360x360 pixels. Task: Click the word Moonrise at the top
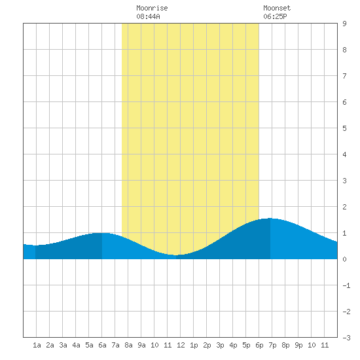pos(152,8)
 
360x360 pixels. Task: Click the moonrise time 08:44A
pos(148,16)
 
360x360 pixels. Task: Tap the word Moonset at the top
pos(277,8)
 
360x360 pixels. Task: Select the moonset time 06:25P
pos(275,16)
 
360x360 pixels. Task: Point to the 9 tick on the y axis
pos(344,24)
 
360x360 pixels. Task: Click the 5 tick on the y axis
pos(344,128)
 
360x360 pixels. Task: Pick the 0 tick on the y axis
pos(344,259)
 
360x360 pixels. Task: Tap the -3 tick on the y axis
pos(346,338)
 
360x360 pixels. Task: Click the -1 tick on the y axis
pos(346,285)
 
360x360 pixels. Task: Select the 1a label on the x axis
pos(37,345)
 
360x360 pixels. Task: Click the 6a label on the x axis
pos(102,345)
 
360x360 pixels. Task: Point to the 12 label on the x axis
pos(181,345)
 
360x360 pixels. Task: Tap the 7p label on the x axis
pos(272,345)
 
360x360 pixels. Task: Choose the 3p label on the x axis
pos(220,345)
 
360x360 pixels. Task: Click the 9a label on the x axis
pos(141,345)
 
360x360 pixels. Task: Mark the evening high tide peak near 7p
pos(270,219)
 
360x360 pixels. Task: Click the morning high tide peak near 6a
pos(101,233)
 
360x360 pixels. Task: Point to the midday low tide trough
pos(176,255)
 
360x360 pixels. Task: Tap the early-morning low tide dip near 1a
pos(35,245)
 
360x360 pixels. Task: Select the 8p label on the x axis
pos(285,345)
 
